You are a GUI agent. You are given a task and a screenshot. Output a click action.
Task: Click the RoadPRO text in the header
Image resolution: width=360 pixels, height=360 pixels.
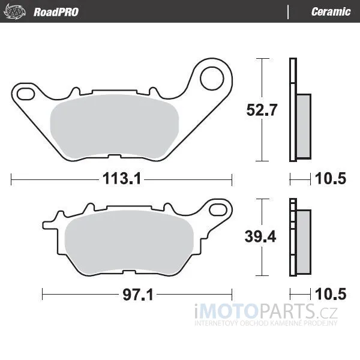tap(56, 12)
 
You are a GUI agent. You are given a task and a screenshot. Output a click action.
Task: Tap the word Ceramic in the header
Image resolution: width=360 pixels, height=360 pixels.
tap(331, 12)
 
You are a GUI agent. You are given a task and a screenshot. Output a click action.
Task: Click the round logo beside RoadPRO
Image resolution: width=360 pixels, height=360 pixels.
tap(15, 11)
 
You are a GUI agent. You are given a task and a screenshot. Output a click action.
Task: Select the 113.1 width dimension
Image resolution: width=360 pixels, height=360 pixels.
tap(122, 178)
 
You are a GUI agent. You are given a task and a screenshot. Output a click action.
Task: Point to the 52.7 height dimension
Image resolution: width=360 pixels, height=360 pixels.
tap(262, 110)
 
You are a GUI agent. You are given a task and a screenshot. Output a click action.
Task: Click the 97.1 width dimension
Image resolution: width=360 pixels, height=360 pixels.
tap(138, 295)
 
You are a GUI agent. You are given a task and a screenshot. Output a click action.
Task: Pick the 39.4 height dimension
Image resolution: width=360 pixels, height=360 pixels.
tap(260, 236)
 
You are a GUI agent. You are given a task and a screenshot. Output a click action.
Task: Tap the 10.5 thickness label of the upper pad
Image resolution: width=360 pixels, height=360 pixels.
tap(331, 178)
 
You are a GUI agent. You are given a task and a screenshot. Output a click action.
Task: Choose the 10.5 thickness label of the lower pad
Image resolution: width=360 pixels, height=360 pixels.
tap(331, 294)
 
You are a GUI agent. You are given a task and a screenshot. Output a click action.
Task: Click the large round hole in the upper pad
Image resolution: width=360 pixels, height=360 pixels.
tap(212, 78)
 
